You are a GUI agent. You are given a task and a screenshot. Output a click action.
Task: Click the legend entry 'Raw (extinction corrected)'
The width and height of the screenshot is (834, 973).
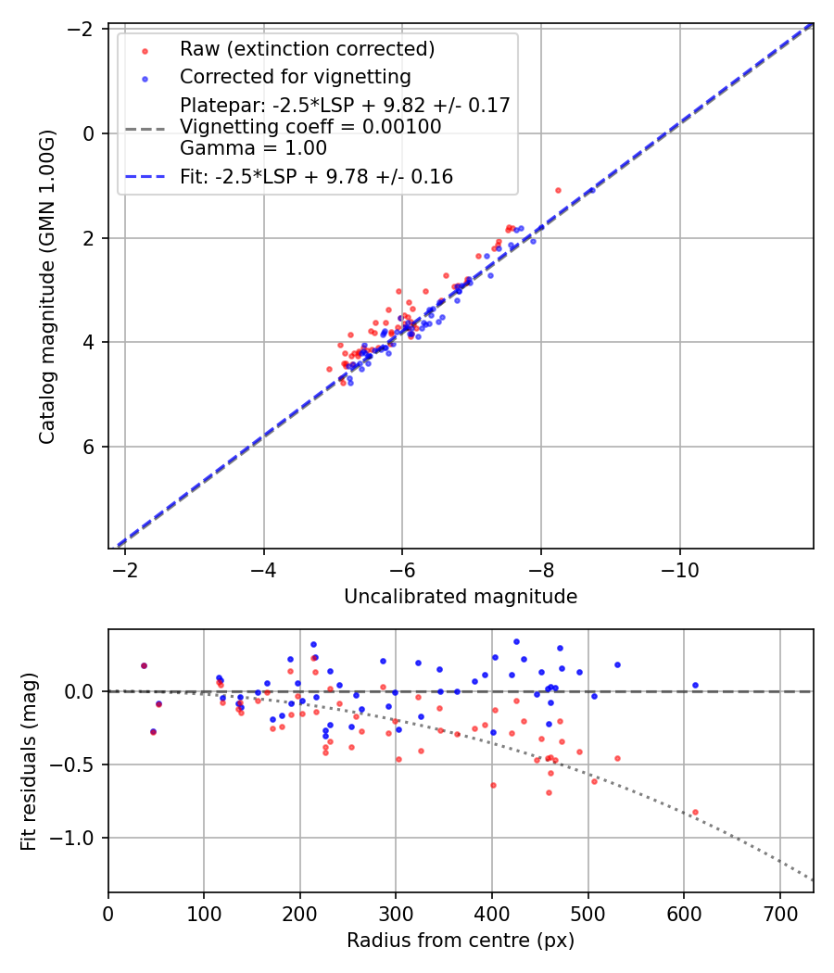point(307,48)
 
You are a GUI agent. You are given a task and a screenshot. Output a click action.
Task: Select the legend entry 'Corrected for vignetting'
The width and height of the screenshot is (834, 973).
point(296,76)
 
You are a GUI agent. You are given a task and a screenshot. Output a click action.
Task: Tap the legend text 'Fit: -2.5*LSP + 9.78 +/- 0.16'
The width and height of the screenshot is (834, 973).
point(316,176)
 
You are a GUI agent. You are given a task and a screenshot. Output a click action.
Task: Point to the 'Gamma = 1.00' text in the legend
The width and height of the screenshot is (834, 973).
point(253,147)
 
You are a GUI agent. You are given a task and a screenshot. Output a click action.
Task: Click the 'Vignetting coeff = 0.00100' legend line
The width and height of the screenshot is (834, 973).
point(310,126)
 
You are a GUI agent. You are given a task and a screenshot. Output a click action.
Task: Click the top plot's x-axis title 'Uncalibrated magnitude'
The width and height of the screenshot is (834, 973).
point(461,597)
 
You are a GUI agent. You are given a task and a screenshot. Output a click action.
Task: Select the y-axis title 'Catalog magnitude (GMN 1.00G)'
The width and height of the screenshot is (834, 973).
point(47,285)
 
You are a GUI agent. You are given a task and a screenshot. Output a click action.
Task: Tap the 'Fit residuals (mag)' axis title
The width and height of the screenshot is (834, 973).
point(29,762)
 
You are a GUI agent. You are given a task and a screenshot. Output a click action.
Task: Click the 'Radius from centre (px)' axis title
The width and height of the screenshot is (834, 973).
point(461,941)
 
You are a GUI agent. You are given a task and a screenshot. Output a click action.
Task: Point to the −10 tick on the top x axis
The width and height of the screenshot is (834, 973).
point(679,567)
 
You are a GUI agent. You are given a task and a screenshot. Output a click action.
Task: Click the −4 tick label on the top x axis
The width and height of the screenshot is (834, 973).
point(263,567)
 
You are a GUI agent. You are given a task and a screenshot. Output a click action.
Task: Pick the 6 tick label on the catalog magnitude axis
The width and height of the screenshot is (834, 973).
point(90,447)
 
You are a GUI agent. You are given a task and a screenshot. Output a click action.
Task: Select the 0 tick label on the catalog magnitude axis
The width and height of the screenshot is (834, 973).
point(90,133)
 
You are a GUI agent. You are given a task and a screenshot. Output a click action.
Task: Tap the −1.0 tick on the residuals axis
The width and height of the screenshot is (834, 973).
point(82,838)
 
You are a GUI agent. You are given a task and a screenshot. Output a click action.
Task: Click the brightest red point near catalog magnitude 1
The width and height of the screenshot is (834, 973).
point(558,190)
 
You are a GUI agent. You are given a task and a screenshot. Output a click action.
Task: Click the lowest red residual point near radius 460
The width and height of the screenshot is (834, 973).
point(549,792)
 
